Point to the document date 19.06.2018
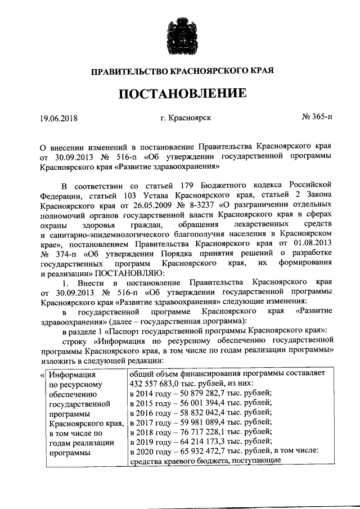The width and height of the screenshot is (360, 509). (x=58, y=118)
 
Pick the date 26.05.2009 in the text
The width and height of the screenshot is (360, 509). (x=154, y=205)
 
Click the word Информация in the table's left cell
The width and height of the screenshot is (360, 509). (x=71, y=374)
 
